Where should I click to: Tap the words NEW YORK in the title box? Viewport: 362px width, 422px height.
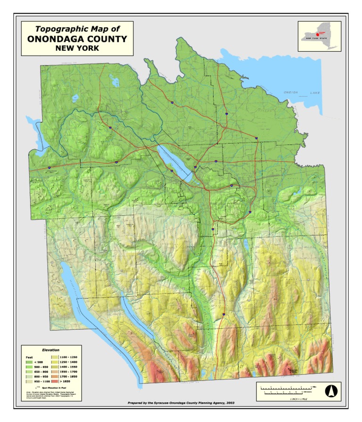77,48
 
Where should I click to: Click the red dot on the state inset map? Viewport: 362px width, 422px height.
318,34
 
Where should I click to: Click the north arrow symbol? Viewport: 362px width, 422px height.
330,390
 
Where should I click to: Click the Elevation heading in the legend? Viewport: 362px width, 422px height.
50,350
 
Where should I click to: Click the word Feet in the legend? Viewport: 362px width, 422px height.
29,356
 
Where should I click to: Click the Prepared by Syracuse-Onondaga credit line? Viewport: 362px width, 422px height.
181,404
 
